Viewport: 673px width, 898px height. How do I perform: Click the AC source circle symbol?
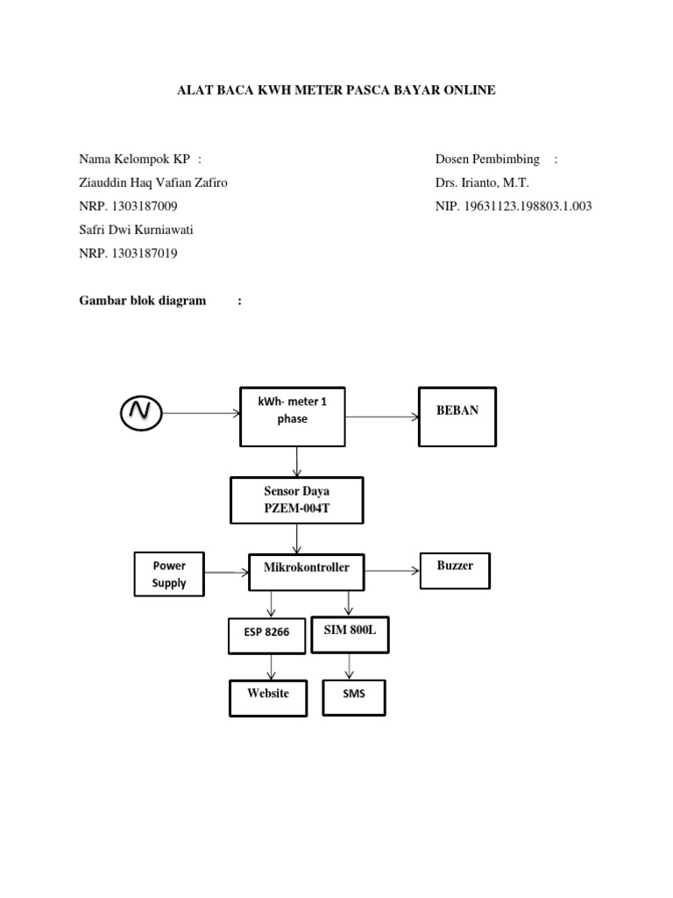click(140, 413)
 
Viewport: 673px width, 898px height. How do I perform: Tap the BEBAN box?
click(457, 417)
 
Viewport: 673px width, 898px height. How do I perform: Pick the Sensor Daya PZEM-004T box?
click(297, 500)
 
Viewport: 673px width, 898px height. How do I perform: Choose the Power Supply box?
click(169, 574)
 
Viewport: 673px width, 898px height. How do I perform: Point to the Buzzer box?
click(455, 570)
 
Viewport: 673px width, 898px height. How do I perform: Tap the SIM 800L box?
click(350, 632)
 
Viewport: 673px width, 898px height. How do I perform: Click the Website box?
click(268, 697)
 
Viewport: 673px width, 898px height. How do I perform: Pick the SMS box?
click(353, 697)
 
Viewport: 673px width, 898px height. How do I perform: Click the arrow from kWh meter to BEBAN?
click(384, 417)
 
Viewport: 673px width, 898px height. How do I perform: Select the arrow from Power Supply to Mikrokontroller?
click(226, 573)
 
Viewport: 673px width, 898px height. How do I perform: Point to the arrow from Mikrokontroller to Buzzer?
click(393, 571)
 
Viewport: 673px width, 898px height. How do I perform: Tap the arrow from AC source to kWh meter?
click(202, 413)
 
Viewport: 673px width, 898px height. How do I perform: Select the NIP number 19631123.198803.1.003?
click(514, 207)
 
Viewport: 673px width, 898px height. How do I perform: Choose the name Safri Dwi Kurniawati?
click(136, 231)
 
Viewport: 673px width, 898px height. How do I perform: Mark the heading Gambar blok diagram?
click(143, 301)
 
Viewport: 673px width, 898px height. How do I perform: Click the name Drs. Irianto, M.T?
click(482, 183)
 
